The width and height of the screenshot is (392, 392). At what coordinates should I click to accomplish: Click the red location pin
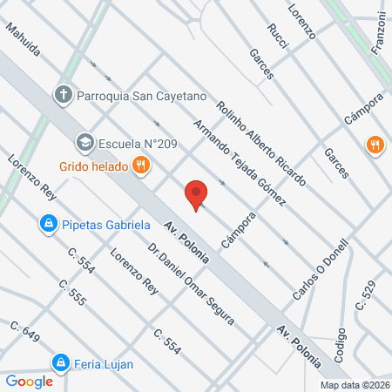197,195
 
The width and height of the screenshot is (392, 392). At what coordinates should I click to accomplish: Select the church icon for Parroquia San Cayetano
64,93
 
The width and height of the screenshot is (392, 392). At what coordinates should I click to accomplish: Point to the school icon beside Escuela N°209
84,141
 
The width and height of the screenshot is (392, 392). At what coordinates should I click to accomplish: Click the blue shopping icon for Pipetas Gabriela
49,225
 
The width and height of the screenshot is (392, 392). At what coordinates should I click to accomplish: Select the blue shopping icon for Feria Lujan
60,362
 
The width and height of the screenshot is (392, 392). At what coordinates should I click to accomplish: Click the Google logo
29,381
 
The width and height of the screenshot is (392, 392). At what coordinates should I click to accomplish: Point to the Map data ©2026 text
354,385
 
